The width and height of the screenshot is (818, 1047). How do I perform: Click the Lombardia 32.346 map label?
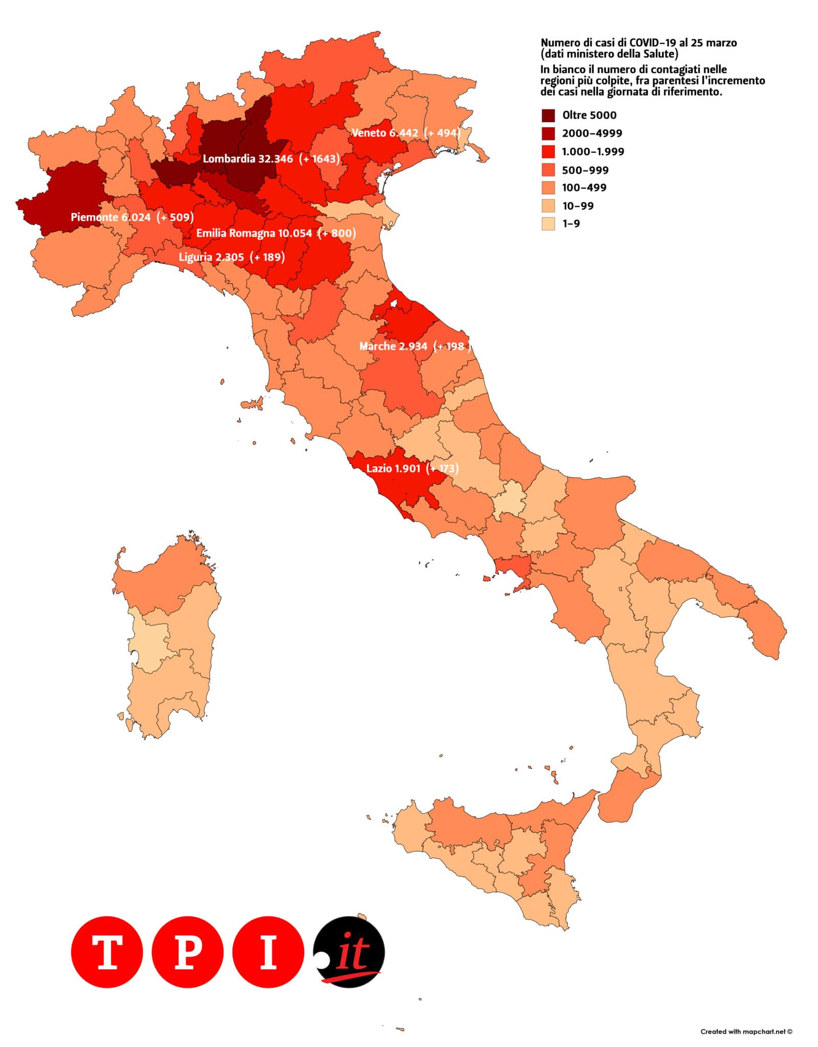coord(247,158)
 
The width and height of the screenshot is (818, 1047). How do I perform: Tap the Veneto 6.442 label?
coord(384,133)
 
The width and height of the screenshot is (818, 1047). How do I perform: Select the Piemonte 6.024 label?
coord(110,217)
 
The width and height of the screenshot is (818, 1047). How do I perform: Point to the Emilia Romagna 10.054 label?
coord(254,234)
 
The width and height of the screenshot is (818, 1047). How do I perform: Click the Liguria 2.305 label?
coord(211,257)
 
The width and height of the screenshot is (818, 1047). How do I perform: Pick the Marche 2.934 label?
coord(393,346)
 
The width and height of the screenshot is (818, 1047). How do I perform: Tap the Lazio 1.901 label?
coord(393,468)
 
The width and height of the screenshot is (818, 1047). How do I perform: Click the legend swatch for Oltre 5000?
coord(548,115)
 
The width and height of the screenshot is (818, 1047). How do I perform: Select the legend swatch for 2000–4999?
coord(548,133)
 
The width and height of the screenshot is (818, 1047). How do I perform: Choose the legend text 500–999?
coord(585,170)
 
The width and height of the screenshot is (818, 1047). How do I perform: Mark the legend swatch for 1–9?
coord(548,224)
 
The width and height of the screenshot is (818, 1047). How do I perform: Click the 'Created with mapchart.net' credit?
coord(746,1031)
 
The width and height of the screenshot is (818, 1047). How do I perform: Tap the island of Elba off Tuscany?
coord(252,405)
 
